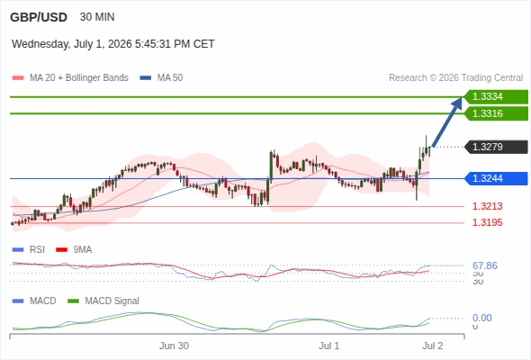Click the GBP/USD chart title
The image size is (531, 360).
click(39, 17)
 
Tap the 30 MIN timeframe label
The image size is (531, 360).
click(97, 17)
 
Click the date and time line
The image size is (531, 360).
click(113, 44)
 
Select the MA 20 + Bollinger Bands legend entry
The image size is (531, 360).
click(70, 78)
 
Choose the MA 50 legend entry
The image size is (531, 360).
click(161, 78)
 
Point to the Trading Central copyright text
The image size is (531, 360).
click(455, 78)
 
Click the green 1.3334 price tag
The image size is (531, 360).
click(496, 97)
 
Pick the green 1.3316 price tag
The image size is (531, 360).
click(496, 113)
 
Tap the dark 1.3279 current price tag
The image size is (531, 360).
click(496, 147)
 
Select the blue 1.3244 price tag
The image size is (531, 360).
click(496, 178)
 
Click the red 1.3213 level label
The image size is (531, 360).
click(487, 206)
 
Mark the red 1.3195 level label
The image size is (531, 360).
click(487, 222)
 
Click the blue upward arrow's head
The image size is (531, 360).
click(458, 103)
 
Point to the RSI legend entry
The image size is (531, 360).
click(29, 249)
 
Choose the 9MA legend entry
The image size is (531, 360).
click(74, 249)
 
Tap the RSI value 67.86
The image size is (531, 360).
click(485, 265)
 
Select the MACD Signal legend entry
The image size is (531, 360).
click(103, 301)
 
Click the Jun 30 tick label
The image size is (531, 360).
click(174, 346)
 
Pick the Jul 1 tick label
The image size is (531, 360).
click(328, 346)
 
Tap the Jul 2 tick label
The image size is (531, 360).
click(433, 346)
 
